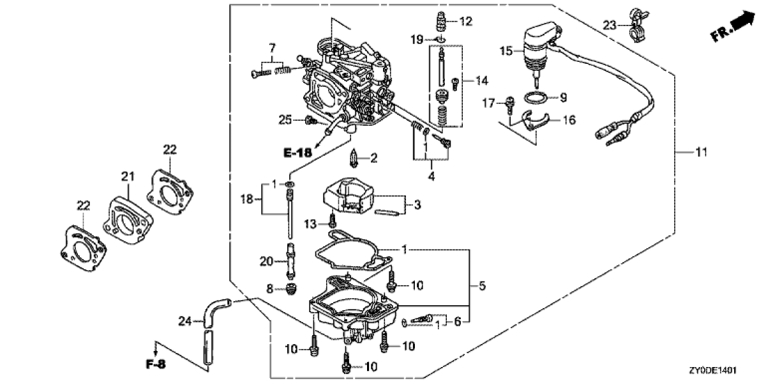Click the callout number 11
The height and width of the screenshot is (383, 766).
[702, 153]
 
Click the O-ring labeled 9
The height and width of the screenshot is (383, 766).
[534, 98]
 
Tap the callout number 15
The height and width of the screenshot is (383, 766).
[506, 51]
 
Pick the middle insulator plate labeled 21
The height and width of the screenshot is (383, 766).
[129, 216]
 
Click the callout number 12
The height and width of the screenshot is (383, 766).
[465, 22]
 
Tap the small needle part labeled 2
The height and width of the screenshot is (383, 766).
[353, 157]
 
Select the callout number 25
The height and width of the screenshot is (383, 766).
[285, 119]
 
